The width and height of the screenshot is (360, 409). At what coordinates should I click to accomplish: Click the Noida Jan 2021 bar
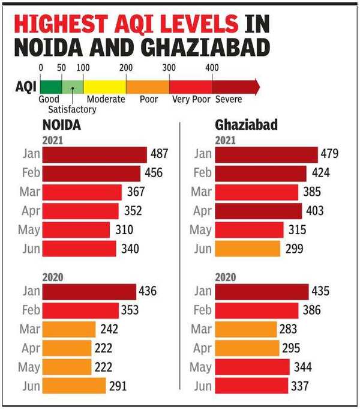94,154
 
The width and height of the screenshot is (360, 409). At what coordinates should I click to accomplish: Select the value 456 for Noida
154,174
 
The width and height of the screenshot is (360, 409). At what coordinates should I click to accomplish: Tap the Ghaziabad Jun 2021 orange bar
247,249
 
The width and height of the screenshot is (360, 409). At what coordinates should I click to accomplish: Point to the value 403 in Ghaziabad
314,211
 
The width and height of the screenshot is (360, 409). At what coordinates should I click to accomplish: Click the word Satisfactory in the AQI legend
72,109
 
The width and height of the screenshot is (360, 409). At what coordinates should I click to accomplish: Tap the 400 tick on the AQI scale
212,67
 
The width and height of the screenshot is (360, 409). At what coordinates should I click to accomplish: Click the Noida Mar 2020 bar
69,329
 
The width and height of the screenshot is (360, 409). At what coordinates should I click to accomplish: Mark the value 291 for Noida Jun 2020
118,386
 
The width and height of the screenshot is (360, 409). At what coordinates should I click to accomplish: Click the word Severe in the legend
229,100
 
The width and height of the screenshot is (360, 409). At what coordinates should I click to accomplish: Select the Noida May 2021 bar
76,230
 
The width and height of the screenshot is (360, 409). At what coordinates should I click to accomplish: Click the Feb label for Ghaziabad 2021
202,174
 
